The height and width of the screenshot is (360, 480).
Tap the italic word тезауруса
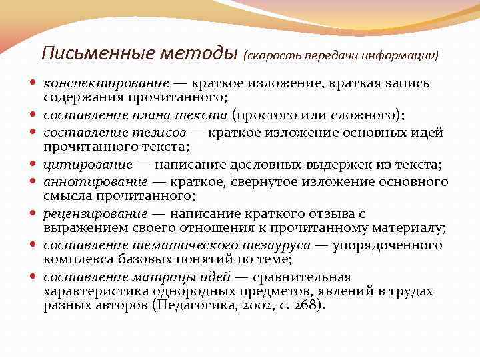275,245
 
